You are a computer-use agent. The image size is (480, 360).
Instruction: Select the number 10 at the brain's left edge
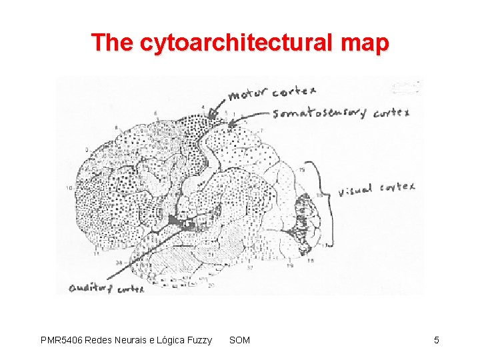pos(69,189)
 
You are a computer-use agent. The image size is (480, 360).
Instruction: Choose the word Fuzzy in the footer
pos(198,341)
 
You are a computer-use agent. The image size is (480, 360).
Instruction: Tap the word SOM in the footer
pos(239,341)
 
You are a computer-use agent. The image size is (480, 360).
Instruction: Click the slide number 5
pos(436,341)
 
